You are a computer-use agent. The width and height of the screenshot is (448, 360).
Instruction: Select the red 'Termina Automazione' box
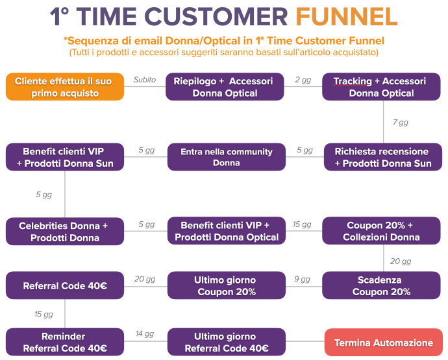384,342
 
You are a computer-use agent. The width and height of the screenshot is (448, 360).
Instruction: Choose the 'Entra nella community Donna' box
226,157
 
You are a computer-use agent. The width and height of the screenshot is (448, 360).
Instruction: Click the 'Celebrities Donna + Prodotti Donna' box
65,232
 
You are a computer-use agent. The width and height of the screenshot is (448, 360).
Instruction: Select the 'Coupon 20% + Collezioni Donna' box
382,231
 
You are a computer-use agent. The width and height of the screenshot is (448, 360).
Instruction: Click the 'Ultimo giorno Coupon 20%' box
226,286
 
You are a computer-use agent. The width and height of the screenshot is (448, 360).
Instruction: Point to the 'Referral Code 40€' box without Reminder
65,286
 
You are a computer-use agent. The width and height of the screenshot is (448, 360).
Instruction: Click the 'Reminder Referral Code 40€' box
65,342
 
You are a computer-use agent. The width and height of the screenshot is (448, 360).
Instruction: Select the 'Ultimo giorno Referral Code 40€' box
226,342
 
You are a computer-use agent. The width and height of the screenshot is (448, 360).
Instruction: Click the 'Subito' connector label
144,80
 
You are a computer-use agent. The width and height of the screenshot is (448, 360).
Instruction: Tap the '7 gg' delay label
401,122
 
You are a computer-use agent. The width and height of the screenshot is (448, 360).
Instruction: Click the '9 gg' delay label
302,279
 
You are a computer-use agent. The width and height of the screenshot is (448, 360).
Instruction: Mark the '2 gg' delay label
303,80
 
